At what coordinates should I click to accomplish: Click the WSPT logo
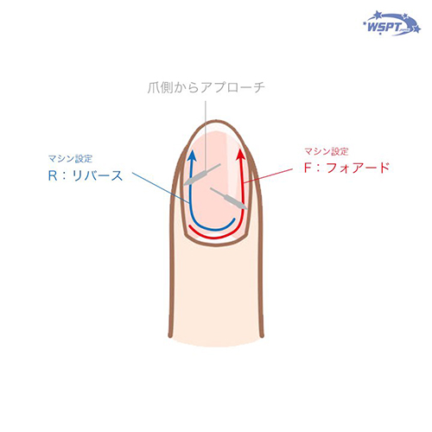pyautogui.click(x=392, y=23)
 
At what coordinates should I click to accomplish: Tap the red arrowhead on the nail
pyautogui.click(x=241, y=154)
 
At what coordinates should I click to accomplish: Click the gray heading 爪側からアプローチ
pyautogui.click(x=206, y=87)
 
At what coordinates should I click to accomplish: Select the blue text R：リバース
pyautogui.click(x=86, y=175)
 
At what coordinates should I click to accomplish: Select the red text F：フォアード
pyautogui.click(x=346, y=168)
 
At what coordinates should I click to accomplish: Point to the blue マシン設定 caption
pyautogui.click(x=70, y=158)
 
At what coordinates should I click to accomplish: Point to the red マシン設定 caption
pyautogui.click(x=327, y=151)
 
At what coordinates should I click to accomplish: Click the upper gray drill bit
pyautogui.click(x=202, y=175)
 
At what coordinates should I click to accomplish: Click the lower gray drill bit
pyautogui.click(x=229, y=199)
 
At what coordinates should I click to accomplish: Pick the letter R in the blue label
pyautogui.click(x=53, y=175)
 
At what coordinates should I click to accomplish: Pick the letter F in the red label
pyautogui.click(x=308, y=168)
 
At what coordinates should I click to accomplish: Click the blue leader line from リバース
pyautogui.click(x=161, y=188)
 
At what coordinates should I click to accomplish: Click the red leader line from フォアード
pyautogui.click(x=268, y=175)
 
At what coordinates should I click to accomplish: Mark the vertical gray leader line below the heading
pyautogui.click(x=206, y=136)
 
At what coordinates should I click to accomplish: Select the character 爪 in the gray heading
pyautogui.click(x=154, y=88)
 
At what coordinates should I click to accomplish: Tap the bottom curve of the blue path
pyautogui.click(x=213, y=229)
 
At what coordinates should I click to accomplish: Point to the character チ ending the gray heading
pyautogui.click(x=259, y=87)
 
